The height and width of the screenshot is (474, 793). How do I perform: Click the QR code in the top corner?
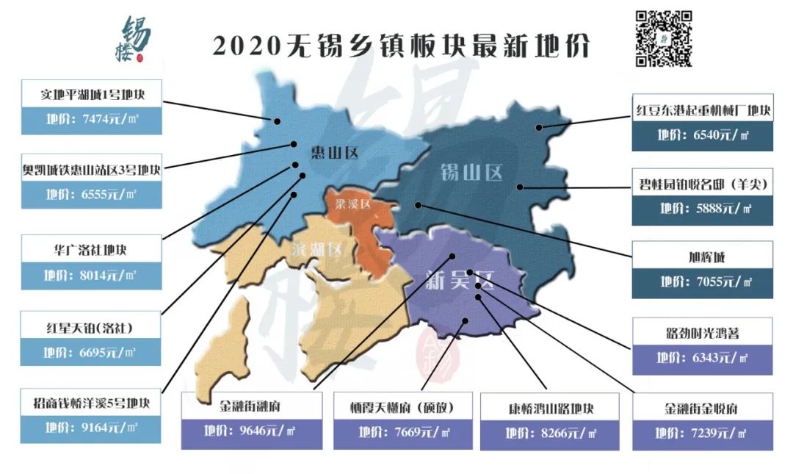pos(663,38)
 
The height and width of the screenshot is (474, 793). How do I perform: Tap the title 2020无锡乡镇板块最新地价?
pos(401,46)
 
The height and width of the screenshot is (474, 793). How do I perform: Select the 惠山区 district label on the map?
pos(333,153)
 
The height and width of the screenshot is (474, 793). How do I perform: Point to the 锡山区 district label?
pos(471,173)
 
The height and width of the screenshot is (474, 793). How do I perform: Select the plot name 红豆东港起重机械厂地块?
pos(703,111)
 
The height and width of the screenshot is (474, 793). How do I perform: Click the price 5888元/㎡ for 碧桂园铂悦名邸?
pos(703,209)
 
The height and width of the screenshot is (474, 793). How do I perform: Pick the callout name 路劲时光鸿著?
pos(702,333)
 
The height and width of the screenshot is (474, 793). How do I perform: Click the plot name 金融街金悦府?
pos(702,409)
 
